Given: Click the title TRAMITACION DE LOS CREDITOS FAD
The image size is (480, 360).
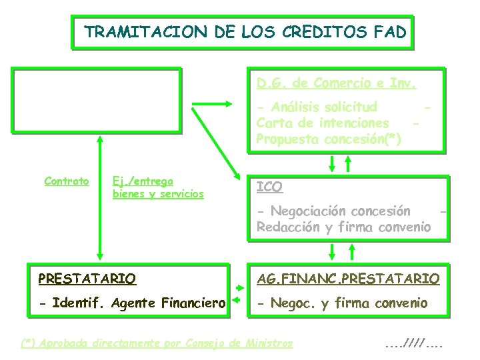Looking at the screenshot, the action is coord(245,32).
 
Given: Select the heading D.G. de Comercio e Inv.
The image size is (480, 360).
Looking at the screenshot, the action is coord(337,84).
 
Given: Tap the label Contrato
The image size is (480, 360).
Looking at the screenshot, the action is coord(67,181).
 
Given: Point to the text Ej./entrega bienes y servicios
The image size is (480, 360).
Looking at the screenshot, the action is coord(158,187).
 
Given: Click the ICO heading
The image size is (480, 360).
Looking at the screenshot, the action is coord(269,187).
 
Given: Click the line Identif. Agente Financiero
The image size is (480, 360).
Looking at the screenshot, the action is coord(132,303).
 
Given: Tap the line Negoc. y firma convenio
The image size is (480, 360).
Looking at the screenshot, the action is coord(342,303).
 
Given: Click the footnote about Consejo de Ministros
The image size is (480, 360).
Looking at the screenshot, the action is coord(157,343).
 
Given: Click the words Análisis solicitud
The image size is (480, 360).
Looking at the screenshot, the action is coord(317,107).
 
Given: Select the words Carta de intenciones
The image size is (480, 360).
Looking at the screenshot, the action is coord(323,123).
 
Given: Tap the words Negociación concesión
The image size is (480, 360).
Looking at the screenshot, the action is coord(333,211).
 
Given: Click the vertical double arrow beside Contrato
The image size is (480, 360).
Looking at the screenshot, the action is coord(101,197).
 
